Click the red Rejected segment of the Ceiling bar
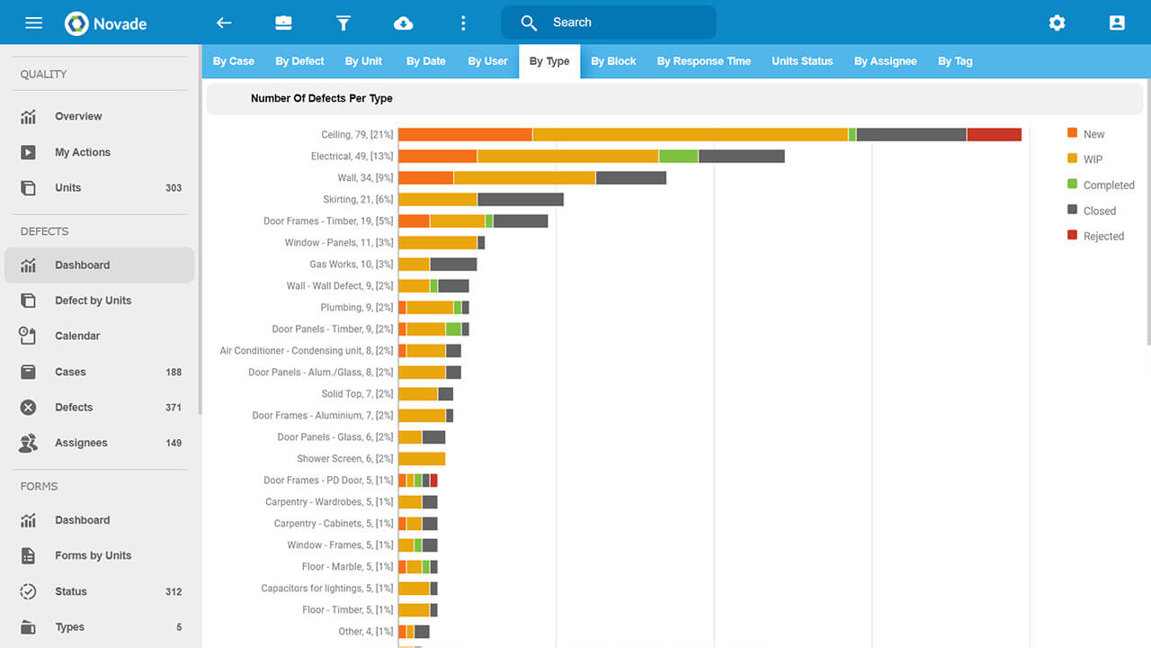click(x=994, y=135)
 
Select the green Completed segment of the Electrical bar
click(x=678, y=157)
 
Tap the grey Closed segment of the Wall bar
click(x=630, y=178)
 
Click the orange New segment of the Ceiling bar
click(x=465, y=135)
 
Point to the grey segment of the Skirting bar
click(x=520, y=200)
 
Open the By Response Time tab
click(x=703, y=61)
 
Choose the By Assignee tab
click(x=885, y=61)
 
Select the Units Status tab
click(x=802, y=61)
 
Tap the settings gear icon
click(x=1057, y=22)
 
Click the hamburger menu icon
click(x=33, y=22)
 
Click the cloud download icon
click(x=403, y=22)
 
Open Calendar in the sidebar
click(x=77, y=336)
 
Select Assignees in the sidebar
click(x=81, y=443)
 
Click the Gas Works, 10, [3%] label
click(x=352, y=265)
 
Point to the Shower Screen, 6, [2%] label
click(x=345, y=459)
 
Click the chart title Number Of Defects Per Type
click(x=321, y=98)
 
